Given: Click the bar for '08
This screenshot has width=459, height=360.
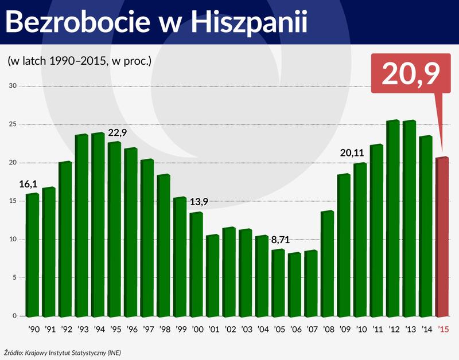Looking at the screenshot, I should pyautogui.click(x=327, y=264).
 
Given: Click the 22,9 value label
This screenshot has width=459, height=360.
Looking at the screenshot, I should pyautogui.click(x=117, y=133).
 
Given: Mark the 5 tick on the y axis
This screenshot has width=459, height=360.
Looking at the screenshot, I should pyautogui.click(x=15, y=277).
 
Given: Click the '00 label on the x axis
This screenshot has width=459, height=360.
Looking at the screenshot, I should pyautogui.click(x=197, y=330).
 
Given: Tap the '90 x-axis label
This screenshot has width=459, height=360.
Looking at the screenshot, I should pyautogui.click(x=33, y=330).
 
